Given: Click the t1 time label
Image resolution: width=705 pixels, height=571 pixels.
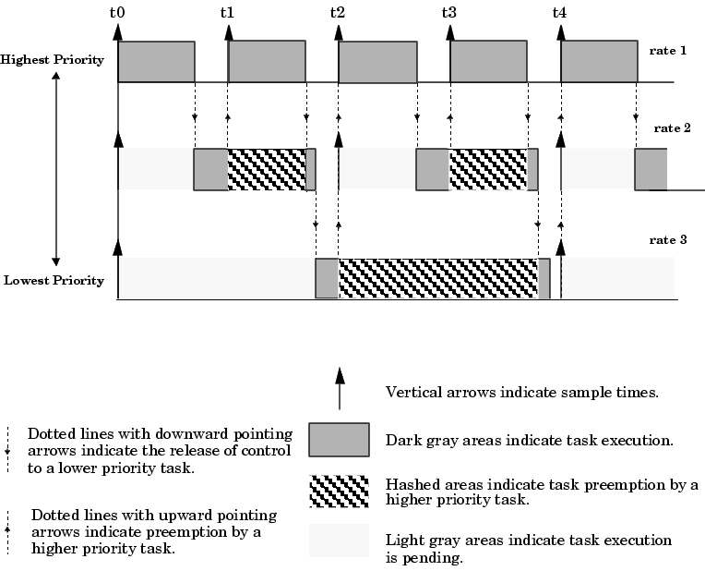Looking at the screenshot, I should (227, 13).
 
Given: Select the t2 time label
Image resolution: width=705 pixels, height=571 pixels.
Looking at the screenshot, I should (338, 13).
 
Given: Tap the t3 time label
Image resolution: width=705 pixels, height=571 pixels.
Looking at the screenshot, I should (448, 13).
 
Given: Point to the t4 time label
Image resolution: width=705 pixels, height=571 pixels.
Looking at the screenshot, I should (559, 13).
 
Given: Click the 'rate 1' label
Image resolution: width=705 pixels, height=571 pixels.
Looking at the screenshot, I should (668, 50).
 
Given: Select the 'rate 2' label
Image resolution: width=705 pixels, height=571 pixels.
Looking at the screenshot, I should (673, 128).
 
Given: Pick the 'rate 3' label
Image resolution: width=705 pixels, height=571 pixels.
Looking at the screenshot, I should (668, 239).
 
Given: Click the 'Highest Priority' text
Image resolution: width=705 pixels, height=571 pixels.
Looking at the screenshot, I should (53, 60).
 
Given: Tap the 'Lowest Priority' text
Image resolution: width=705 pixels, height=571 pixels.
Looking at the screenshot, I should (54, 280).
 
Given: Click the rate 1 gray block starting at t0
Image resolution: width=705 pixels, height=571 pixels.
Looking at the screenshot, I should (156, 61).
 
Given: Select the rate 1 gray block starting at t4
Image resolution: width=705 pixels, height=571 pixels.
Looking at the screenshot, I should (599, 61).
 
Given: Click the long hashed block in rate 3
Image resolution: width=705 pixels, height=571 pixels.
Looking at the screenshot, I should (438, 278).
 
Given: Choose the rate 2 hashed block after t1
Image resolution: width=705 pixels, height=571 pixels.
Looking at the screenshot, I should (267, 169).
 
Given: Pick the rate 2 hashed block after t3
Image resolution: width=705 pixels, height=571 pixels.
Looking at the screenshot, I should (488, 169).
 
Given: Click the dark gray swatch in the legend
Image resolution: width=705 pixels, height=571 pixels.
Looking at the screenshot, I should (339, 440).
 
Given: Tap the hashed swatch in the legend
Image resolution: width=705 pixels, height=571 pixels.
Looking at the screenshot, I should (339, 492).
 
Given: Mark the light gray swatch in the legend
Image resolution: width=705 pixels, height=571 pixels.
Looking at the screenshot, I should (339, 540).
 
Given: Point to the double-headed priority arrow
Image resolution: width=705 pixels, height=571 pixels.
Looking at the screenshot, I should (56, 170).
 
